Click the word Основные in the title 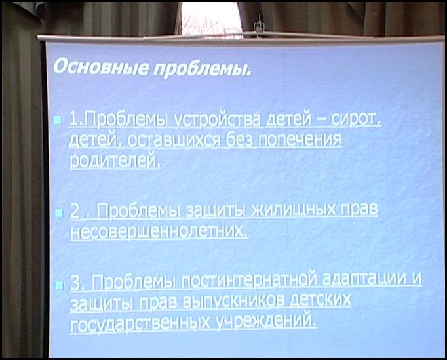pos(101,68)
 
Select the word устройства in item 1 pos(218,120)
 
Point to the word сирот pos(356,119)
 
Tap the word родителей pos(115,161)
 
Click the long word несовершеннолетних pos(159,230)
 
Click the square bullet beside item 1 pos(58,120)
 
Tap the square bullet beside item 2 pos(59,213)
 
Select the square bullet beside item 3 pos(59,285)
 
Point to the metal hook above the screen pos(259,25)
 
